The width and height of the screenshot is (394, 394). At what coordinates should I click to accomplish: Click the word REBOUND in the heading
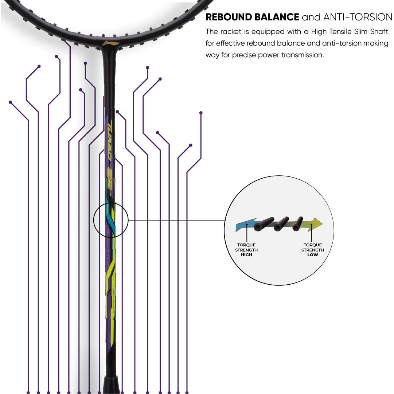(x=228, y=17)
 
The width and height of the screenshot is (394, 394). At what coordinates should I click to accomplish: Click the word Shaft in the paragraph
(x=379, y=32)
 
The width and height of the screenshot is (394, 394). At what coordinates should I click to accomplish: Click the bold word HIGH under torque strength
(x=246, y=255)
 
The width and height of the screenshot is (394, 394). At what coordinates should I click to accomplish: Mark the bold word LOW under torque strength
(x=312, y=255)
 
